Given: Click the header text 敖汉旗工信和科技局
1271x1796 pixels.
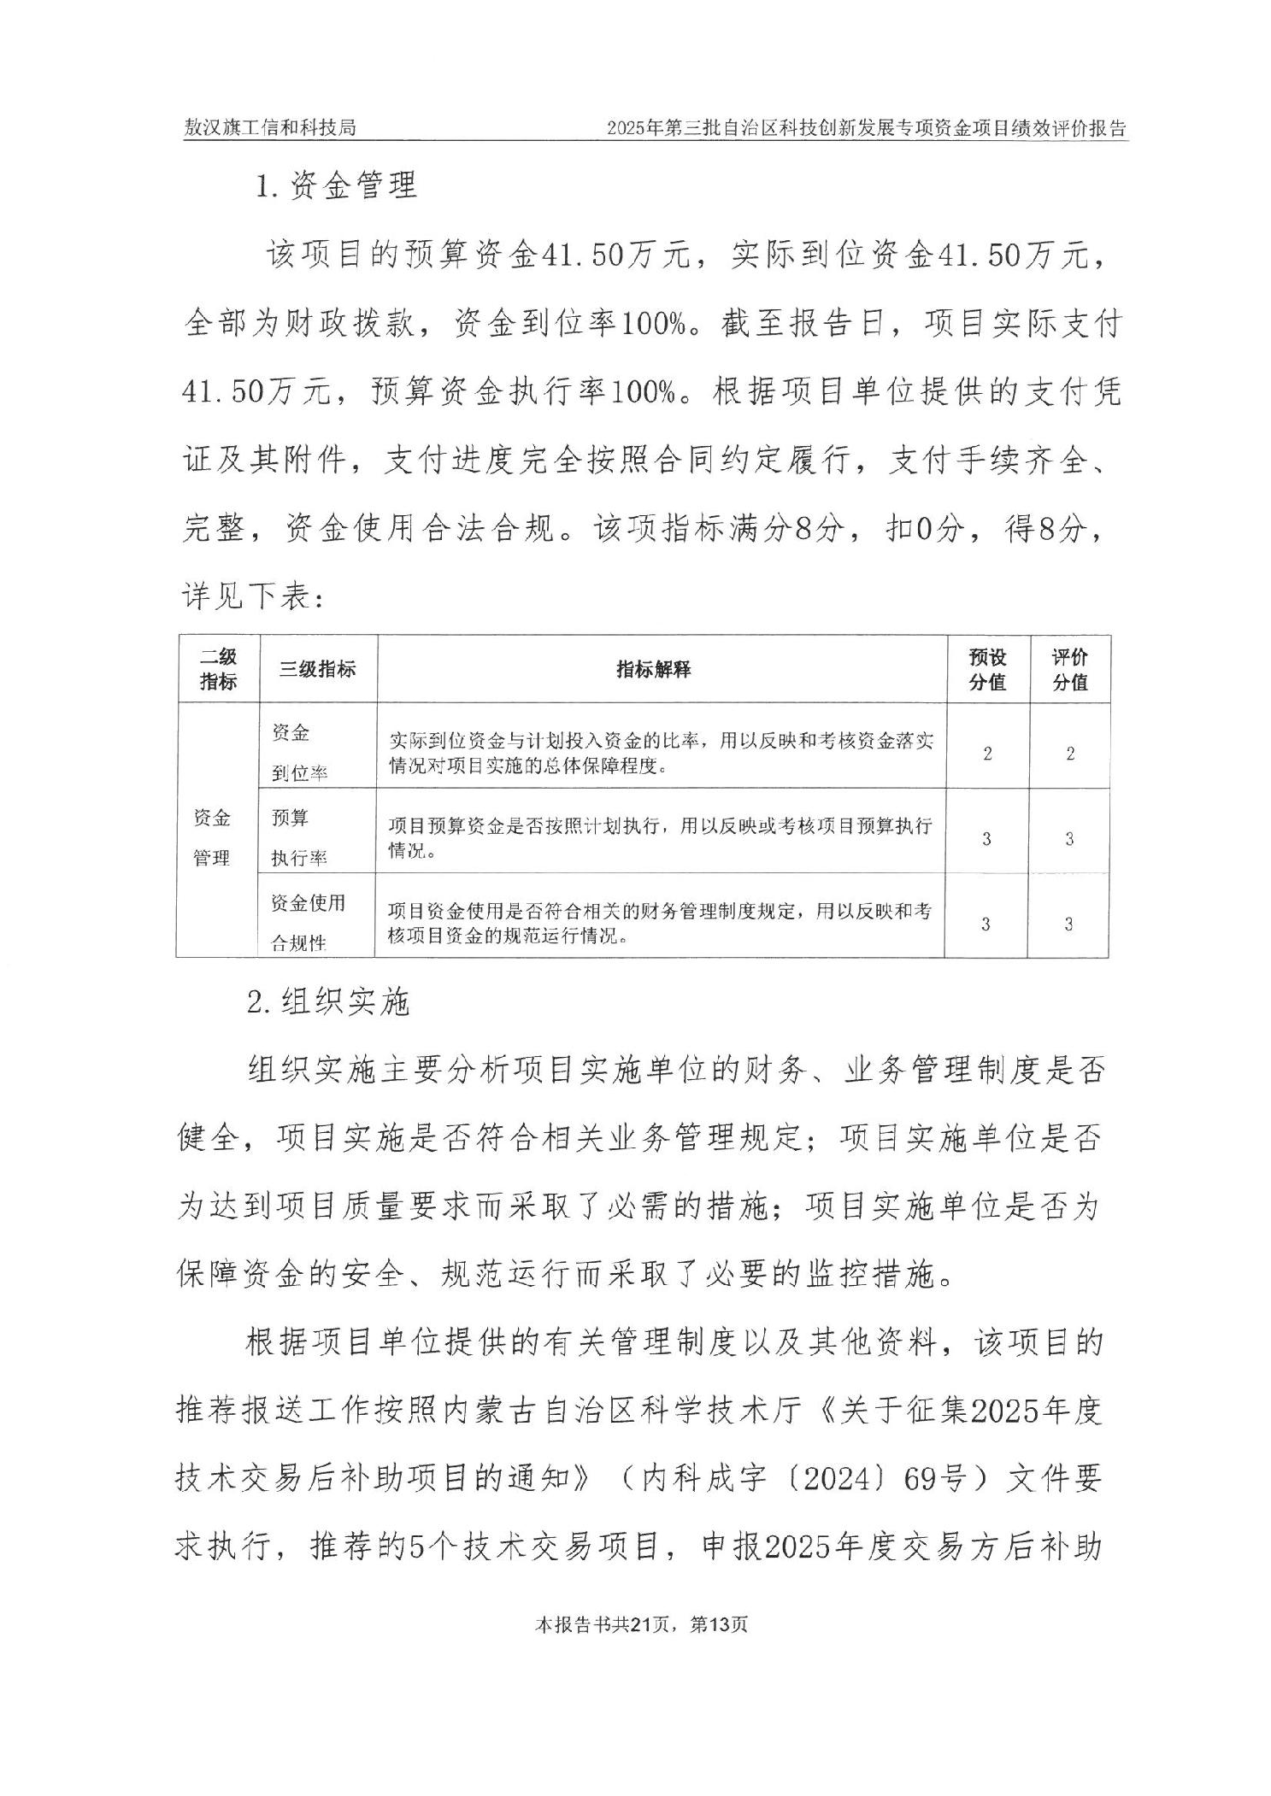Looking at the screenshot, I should [270, 128].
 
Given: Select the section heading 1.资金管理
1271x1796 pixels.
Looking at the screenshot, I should [336, 185].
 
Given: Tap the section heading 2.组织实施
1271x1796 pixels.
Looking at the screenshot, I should [328, 1001].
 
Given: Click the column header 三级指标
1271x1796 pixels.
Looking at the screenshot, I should [317, 670].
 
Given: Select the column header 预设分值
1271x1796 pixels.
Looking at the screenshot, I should [987, 670].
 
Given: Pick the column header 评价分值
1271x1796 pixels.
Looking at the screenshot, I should [1069, 670].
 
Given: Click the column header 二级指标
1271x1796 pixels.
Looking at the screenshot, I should [218, 670].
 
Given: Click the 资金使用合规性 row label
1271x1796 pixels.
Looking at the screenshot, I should [308, 923].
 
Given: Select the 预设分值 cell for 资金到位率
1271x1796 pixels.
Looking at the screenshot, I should [987, 754].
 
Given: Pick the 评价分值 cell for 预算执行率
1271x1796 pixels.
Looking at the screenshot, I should [1069, 838].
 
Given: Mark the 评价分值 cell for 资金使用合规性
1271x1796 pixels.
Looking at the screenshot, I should [1068, 924].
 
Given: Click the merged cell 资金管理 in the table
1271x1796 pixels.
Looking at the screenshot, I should [212, 837].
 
